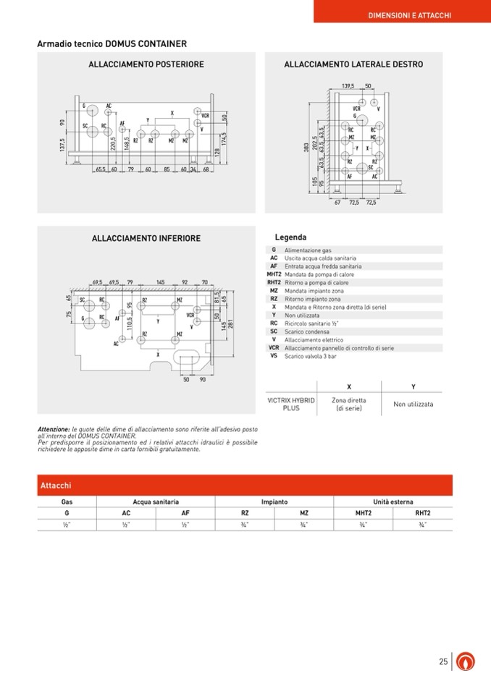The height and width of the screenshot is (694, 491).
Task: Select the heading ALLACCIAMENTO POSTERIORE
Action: pyautogui.click(x=146, y=64)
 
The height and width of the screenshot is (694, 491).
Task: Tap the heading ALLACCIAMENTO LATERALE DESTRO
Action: pyautogui.click(x=353, y=64)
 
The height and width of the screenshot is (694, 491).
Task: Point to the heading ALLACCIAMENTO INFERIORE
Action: pyautogui.click(x=146, y=238)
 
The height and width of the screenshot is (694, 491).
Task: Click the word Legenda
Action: pyautogui.click(x=290, y=237)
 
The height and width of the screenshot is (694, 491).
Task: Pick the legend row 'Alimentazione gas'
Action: pyautogui.click(x=308, y=250)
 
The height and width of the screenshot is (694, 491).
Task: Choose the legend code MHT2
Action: pyautogui.click(x=274, y=274)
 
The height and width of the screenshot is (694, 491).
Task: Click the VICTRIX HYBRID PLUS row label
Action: pyautogui.click(x=292, y=404)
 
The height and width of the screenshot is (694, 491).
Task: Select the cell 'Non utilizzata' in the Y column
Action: pyautogui.click(x=414, y=404)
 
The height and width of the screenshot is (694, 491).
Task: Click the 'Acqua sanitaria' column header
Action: pyautogui.click(x=156, y=502)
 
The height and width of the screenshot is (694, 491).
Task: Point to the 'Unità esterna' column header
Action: pyautogui.click(x=393, y=502)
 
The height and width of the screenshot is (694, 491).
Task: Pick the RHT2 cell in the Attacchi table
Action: pyautogui.click(x=423, y=513)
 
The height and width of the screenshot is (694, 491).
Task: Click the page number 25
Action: pyautogui.click(x=443, y=661)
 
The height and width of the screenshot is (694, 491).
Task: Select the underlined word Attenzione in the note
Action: pyautogui.click(x=54, y=430)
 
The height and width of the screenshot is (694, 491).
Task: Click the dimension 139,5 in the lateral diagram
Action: pyautogui.click(x=348, y=85)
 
